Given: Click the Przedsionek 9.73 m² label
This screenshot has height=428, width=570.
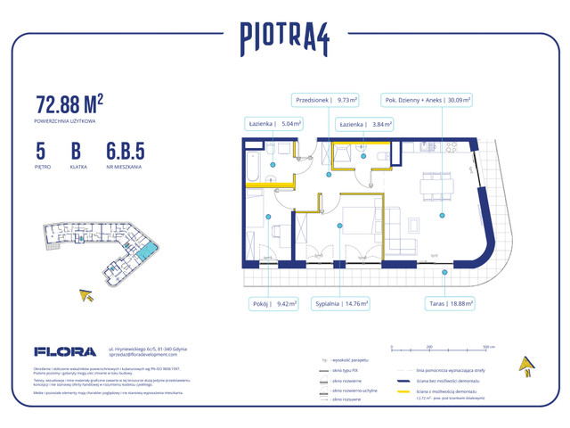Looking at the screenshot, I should click(326, 101).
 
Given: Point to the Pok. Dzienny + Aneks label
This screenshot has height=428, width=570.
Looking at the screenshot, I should click(427, 101).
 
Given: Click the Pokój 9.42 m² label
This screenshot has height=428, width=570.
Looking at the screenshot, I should click(273, 302).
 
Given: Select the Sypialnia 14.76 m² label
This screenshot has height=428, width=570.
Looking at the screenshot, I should click(341, 302).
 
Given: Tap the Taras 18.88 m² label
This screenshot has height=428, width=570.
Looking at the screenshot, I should click(449, 302).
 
